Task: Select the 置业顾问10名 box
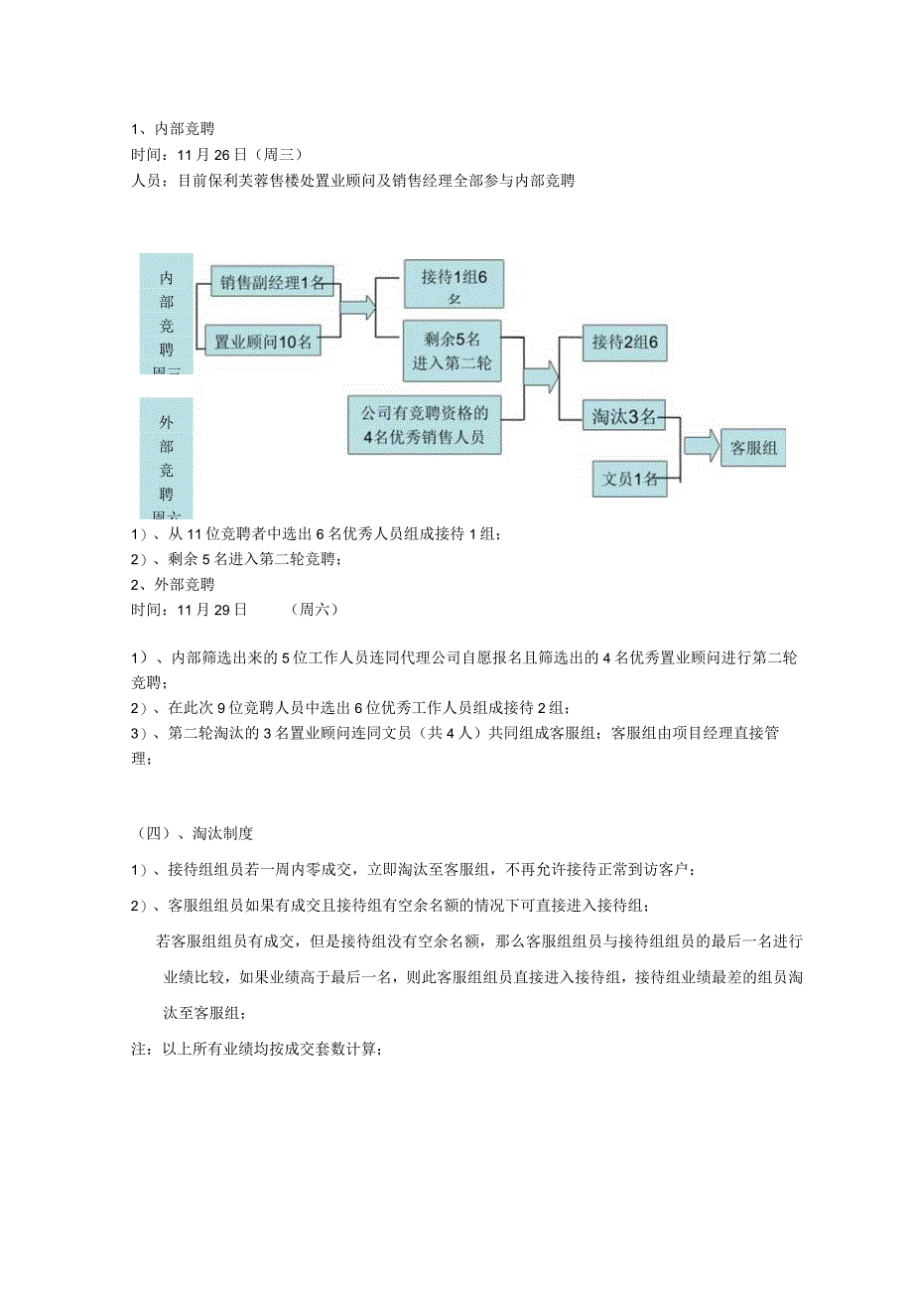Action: (x=263, y=342)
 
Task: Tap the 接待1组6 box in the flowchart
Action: (x=454, y=283)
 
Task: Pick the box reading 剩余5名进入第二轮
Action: (x=453, y=351)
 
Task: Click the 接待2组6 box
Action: (x=625, y=342)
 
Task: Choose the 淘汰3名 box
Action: (x=624, y=417)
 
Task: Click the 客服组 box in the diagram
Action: (x=753, y=448)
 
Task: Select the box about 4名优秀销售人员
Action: (x=424, y=424)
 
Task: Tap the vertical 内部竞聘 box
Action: (x=166, y=313)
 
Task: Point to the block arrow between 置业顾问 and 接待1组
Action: (x=358, y=307)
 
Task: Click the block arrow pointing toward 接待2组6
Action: (x=541, y=376)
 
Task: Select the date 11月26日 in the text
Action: (x=212, y=155)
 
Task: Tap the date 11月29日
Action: (x=212, y=610)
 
